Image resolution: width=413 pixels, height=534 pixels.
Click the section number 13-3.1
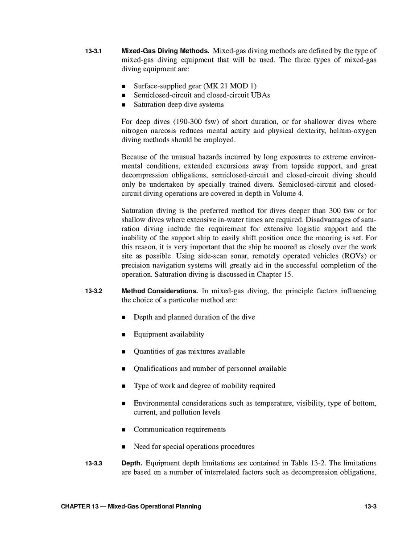[x=93, y=51]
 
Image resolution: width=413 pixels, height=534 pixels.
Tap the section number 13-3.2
[x=93, y=292]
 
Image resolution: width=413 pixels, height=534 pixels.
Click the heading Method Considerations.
[x=160, y=291]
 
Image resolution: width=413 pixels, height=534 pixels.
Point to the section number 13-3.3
[x=93, y=464]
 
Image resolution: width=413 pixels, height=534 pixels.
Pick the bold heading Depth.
[x=132, y=463]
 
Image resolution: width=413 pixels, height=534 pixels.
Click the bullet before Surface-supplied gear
[x=124, y=86]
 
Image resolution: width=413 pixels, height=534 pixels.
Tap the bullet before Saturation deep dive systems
[x=124, y=105]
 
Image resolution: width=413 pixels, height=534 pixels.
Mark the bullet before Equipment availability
[x=124, y=335]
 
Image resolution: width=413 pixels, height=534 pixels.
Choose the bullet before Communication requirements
[x=124, y=430]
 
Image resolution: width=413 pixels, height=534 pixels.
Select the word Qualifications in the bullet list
[x=155, y=369]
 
